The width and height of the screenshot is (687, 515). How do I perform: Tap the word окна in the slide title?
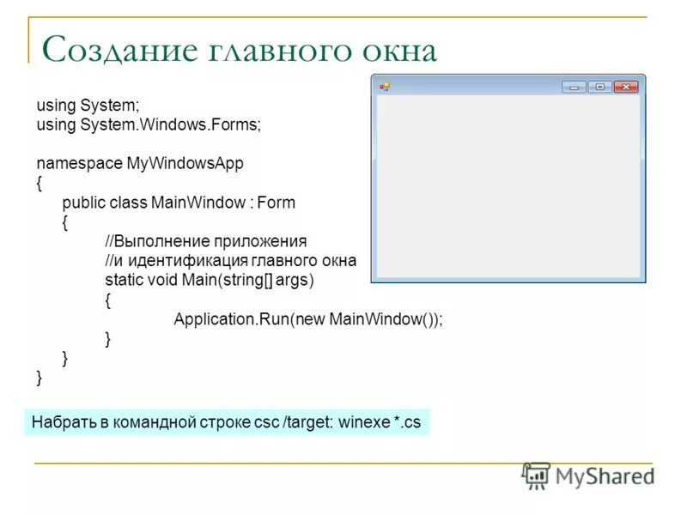pos(398,50)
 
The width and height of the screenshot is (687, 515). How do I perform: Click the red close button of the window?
pos(626,87)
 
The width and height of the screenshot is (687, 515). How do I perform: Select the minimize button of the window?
pos(574,87)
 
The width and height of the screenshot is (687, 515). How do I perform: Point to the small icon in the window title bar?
pos(386,87)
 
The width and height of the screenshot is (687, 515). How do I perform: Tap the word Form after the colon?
pos(276,203)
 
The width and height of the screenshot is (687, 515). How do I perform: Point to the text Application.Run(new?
pos(250,319)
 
